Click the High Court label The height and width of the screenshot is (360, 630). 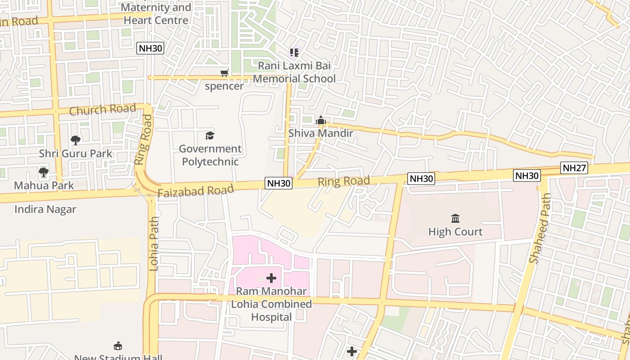(455, 232)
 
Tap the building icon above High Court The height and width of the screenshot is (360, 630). (455, 219)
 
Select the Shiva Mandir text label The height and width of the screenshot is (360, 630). (320, 133)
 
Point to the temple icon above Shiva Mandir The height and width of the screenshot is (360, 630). (320, 120)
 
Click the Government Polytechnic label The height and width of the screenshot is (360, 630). (210, 155)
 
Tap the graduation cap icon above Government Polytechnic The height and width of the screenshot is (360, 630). (210, 135)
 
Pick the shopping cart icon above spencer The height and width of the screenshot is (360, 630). (224, 73)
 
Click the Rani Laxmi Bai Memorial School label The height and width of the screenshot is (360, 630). (294, 72)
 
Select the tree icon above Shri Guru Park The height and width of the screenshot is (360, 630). (76, 140)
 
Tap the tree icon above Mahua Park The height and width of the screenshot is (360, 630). (44, 172)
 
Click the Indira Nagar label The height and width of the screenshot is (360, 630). (45, 209)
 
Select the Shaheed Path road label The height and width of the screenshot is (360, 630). (540, 228)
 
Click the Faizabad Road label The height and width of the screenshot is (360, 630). (196, 190)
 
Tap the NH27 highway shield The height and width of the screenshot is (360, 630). (574, 168)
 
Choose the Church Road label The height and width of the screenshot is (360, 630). (102, 109)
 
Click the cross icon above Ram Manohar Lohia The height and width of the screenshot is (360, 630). (271, 278)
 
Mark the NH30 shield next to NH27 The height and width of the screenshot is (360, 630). (526, 175)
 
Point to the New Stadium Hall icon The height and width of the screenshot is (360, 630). (118, 346)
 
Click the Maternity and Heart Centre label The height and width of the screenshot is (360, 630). (156, 14)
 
